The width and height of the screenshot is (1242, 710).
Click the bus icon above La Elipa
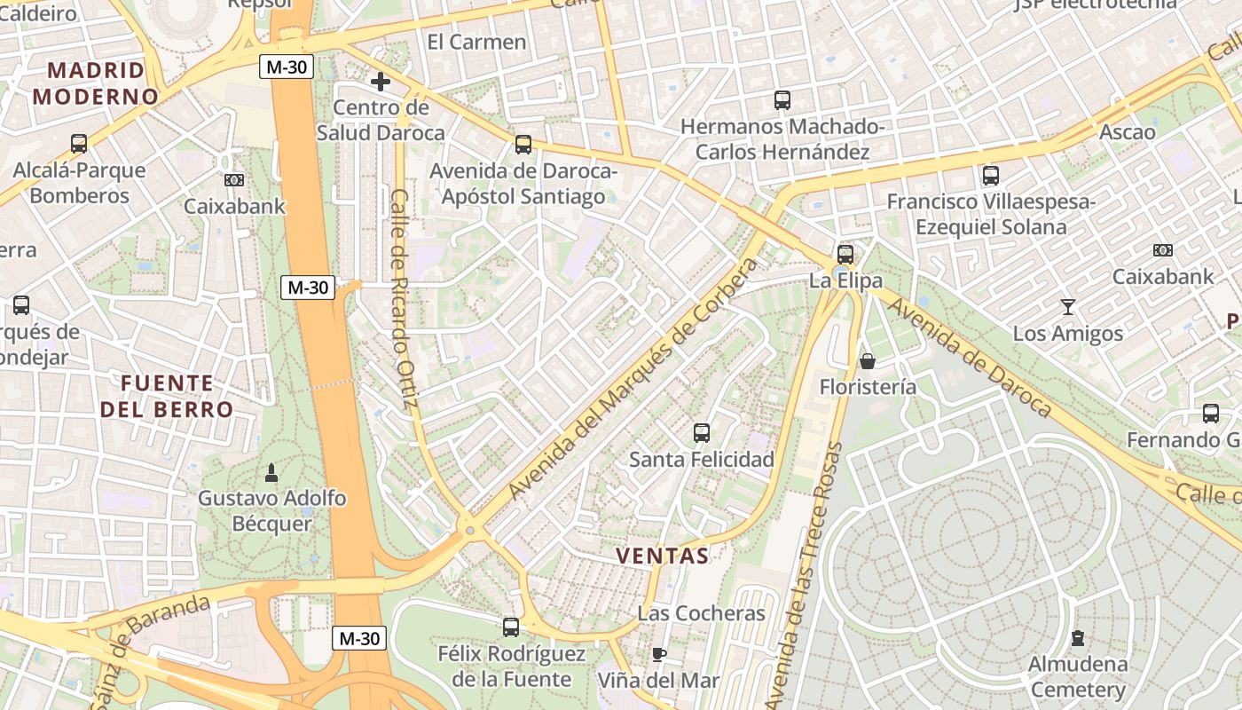[845, 255]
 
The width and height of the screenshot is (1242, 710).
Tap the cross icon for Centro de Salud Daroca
[381, 83]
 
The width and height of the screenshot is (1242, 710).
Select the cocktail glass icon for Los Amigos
[1068, 307]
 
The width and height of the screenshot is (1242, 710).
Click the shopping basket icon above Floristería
[868, 361]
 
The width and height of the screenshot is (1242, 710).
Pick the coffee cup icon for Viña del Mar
[658, 655]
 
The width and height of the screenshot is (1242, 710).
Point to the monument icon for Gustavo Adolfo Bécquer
[272, 472]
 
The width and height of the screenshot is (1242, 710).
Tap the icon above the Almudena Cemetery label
[1078, 637]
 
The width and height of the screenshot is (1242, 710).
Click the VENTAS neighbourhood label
[663, 556]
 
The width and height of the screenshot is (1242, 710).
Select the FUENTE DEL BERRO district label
[167, 397]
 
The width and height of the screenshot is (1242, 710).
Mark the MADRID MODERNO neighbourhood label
[96, 83]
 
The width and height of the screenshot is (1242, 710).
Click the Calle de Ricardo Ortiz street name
[404, 298]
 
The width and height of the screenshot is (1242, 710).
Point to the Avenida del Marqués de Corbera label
[635, 378]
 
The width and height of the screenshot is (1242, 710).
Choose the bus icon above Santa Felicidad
[702, 433]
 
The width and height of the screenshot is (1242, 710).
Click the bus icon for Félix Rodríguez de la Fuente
[511, 627]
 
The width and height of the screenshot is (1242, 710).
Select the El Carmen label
[476, 42]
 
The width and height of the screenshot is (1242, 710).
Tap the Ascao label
[1128, 132]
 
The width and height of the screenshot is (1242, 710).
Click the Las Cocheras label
[701, 613]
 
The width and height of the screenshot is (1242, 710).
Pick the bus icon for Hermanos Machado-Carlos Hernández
[782, 100]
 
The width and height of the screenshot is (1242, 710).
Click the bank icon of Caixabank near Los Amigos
[1162, 250]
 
